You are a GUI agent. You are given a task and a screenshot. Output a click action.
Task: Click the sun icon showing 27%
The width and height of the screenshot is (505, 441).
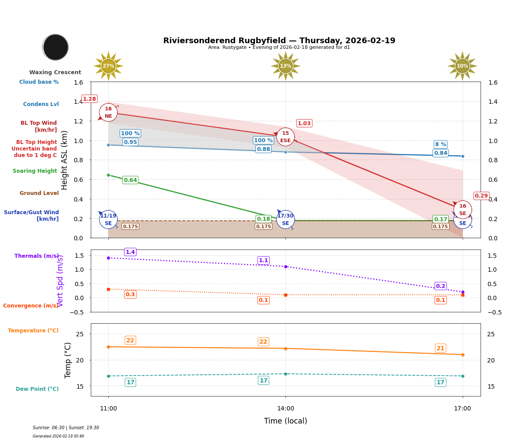coord(108,66)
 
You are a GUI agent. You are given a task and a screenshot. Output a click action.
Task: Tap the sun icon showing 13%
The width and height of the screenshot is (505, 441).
coord(285,66)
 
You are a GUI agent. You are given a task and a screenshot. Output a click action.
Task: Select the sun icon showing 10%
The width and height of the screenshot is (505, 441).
coord(462,66)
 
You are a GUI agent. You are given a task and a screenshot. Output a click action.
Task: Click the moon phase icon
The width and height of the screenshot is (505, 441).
coord(55,47)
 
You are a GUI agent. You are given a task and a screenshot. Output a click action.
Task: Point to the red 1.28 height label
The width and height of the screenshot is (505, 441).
coord(89,99)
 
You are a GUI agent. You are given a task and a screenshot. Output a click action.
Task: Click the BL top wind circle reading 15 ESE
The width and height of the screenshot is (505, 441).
coord(285,137)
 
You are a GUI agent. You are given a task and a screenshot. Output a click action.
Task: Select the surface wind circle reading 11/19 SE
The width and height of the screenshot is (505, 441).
coord(108,219)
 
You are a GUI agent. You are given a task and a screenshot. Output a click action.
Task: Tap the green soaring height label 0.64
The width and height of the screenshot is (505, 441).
coord(130,180)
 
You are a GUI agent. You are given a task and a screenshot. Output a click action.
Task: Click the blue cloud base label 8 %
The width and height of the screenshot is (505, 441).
coord(440,144)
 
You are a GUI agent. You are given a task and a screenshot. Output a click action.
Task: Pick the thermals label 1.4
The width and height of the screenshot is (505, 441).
coord(130,252)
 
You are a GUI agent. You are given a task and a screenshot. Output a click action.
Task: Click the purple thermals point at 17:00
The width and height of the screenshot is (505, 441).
coord(463,292)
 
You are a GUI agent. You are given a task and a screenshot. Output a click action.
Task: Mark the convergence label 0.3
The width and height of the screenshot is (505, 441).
coord(130,294)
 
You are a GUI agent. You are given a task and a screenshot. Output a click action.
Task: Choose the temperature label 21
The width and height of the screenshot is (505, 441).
coord(440,348)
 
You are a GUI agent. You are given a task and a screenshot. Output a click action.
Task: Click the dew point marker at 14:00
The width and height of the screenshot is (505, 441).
coord(285,374)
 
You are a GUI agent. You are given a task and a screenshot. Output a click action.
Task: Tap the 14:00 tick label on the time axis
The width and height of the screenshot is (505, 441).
coord(285,409)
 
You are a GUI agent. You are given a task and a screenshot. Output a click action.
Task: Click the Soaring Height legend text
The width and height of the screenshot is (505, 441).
coord(35,171)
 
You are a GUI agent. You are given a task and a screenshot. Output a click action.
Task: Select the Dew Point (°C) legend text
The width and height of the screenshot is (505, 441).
coord(37,389)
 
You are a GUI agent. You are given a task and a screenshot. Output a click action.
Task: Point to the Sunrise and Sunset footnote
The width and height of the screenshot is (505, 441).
coord(66,428)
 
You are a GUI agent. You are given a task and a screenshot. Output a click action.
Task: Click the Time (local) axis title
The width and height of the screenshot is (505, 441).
coord(285,421)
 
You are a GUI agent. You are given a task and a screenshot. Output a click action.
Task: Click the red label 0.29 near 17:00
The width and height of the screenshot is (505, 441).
coord(481,196)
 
